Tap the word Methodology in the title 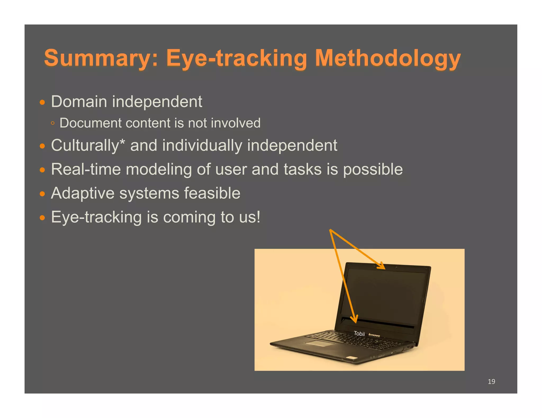(x=388, y=58)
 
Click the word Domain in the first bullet (x=79, y=101)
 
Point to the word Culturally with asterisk (x=88, y=146)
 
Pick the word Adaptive (x=83, y=193)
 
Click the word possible (x=373, y=169)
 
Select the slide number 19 (x=491, y=382)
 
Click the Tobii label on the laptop (x=359, y=333)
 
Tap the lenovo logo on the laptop (x=374, y=335)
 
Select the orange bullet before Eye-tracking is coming (x=42, y=218)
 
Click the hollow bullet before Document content (x=53, y=123)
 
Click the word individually (x=202, y=146)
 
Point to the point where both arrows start (x=330, y=230)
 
